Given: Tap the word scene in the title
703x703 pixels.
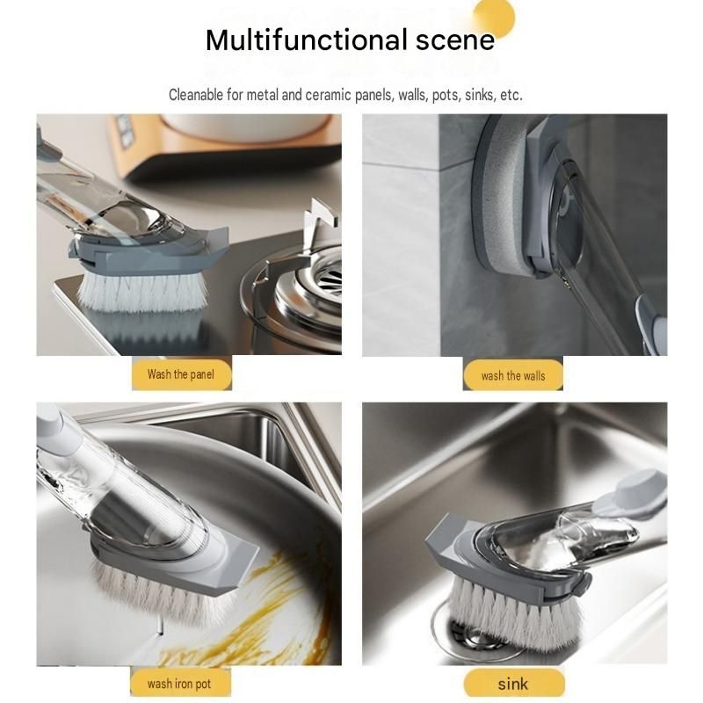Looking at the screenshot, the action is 455,40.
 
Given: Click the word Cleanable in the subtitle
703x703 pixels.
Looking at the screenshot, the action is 195,95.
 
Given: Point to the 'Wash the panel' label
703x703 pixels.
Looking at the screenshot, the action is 181,374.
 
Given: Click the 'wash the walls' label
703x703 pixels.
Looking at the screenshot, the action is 513,375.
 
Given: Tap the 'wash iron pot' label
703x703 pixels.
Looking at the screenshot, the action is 180,685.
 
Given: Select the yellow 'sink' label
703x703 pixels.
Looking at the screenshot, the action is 514,685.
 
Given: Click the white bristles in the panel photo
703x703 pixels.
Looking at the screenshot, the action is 142,292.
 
